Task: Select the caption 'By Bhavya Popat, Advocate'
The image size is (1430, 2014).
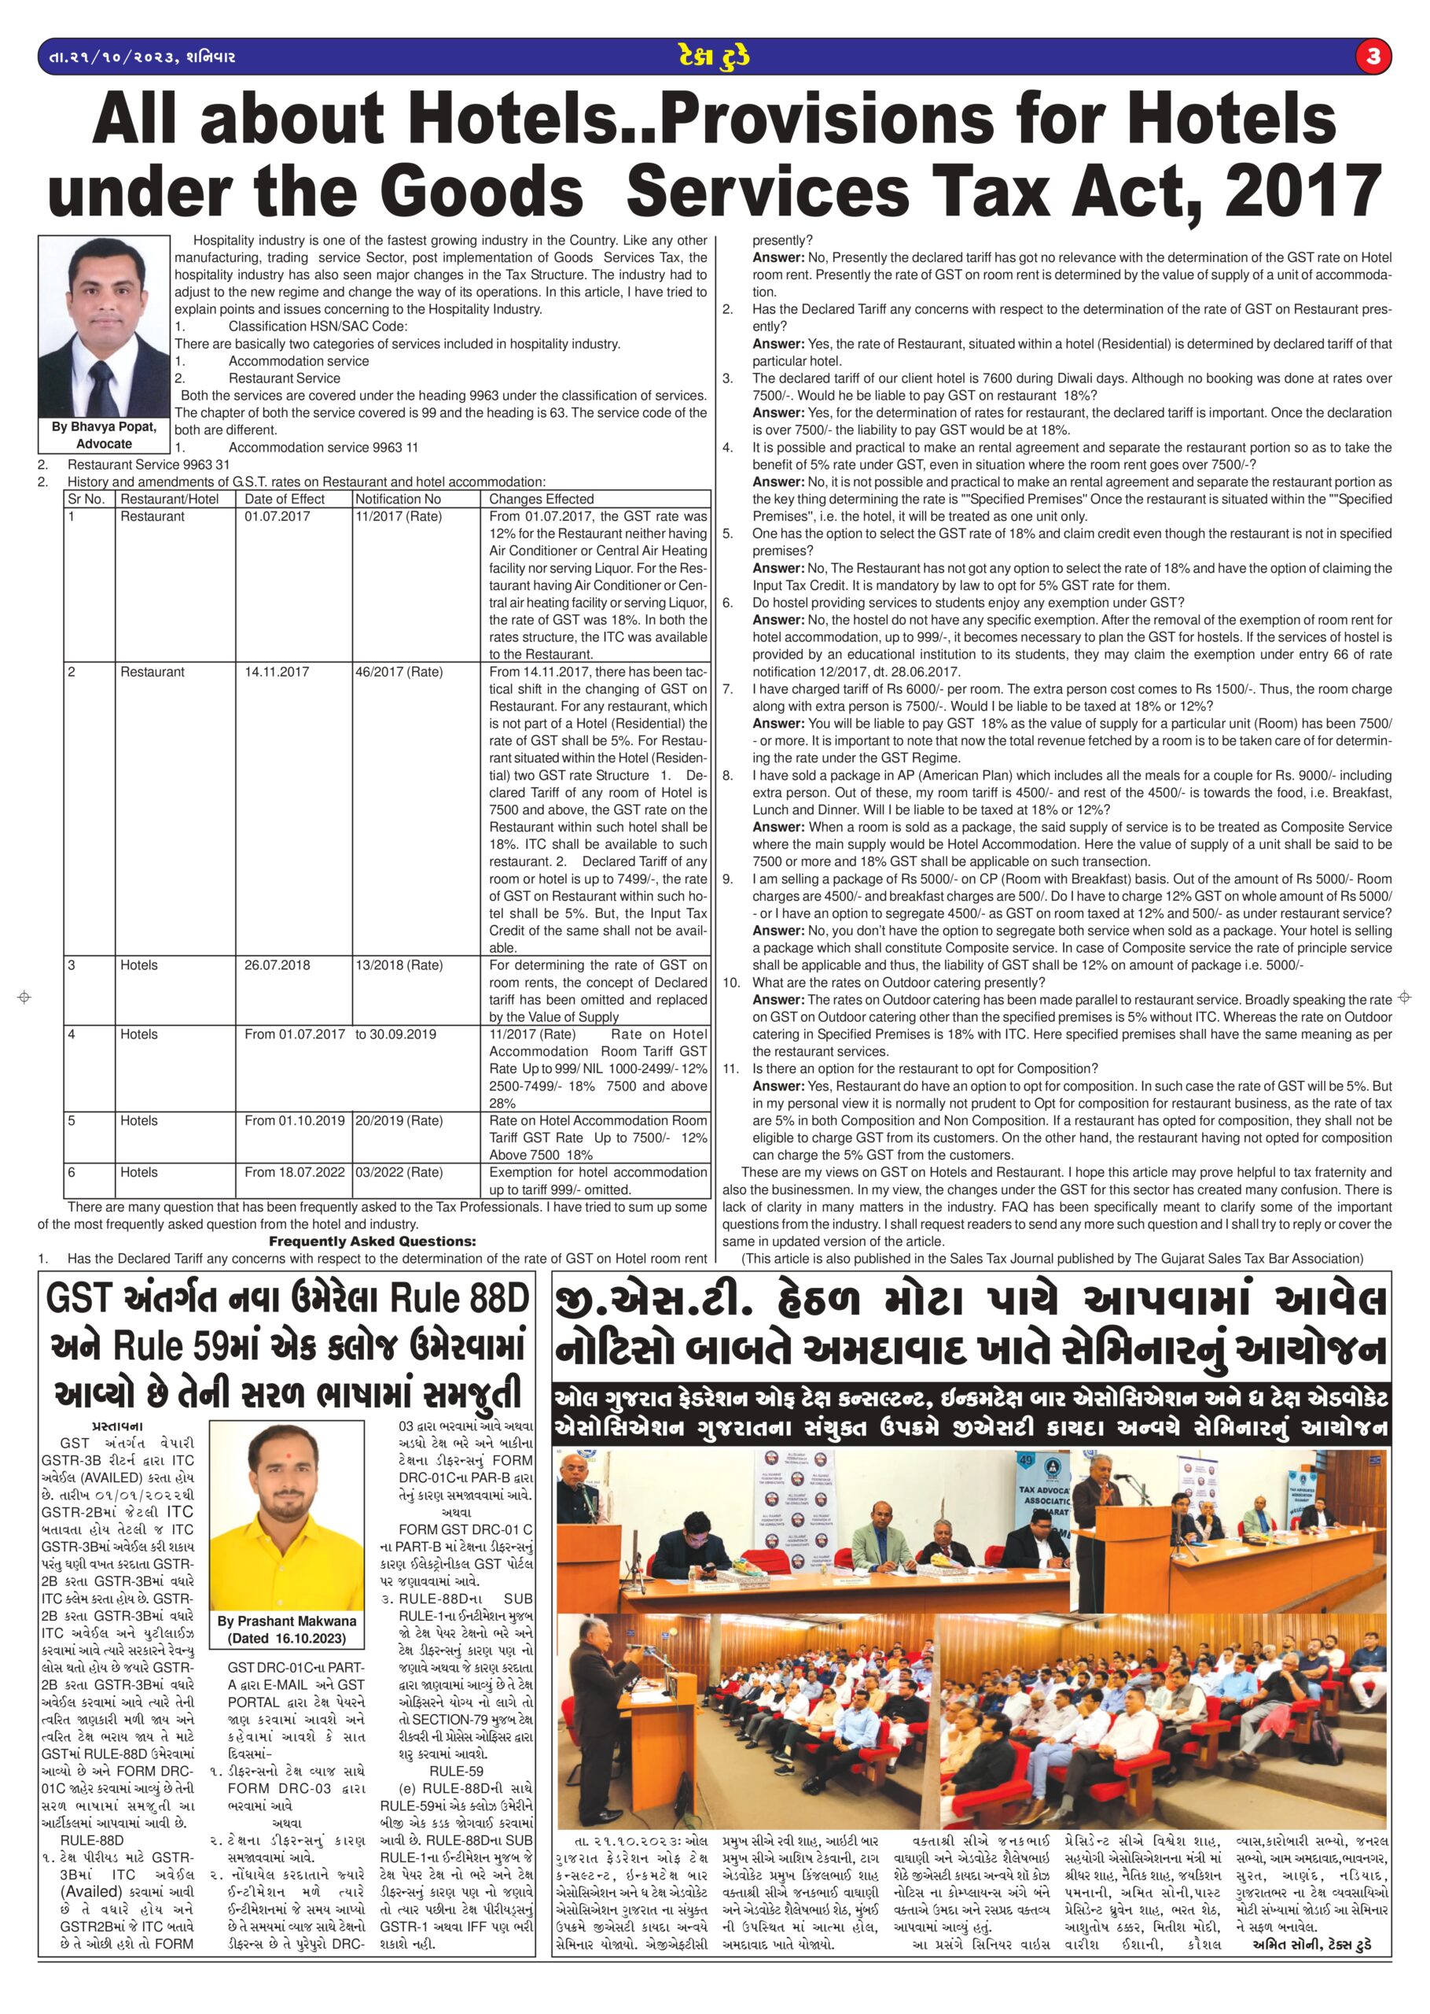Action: [105, 435]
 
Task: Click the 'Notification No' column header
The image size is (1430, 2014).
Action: [398, 499]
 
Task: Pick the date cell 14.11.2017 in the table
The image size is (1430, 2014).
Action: [277, 671]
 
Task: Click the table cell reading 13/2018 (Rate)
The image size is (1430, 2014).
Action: [398, 965]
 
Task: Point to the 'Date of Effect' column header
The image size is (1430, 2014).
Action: [285, 499]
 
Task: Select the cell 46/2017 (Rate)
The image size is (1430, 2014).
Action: [398, 671]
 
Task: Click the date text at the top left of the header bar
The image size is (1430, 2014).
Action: [138, 58]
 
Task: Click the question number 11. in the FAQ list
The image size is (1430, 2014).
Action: [731, 1068]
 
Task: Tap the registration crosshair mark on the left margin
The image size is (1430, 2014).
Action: [24, 998]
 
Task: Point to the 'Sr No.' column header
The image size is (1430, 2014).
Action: [86, 499]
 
